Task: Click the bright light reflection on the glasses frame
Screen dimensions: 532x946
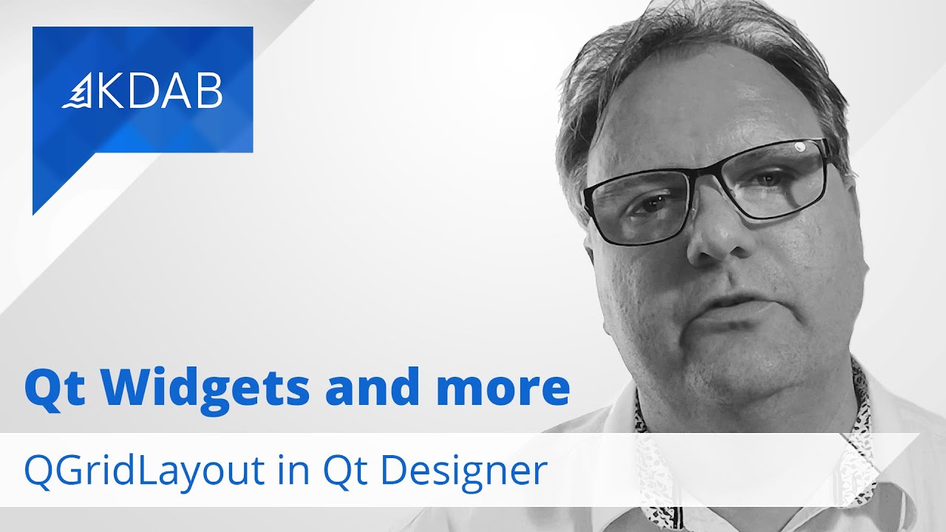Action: click(x=800, y=147)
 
